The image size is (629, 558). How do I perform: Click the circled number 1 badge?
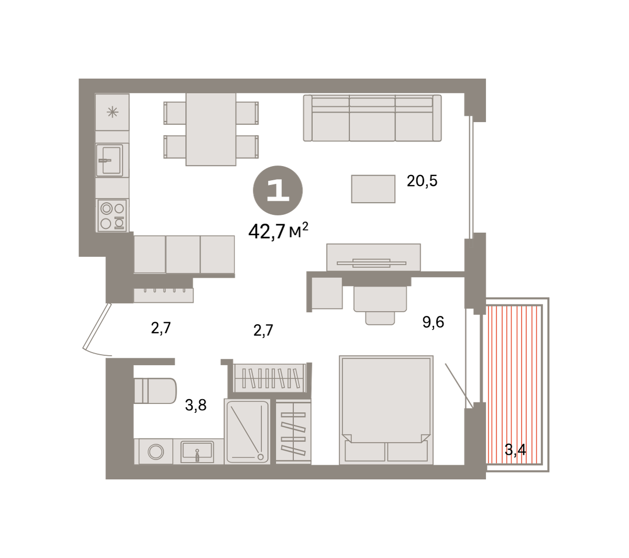278,190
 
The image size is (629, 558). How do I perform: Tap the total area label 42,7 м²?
278,231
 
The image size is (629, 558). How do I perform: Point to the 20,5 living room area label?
422,181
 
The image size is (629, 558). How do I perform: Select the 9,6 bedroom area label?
433,322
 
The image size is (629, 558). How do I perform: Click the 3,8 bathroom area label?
196,405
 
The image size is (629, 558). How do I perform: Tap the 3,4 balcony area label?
515,450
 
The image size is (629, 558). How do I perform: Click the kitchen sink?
109,160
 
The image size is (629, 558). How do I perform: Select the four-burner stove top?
112,215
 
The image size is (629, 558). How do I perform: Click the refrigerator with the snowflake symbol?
112,112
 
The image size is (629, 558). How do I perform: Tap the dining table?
211,129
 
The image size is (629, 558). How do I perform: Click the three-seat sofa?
372,118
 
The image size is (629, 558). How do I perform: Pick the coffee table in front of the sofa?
373,189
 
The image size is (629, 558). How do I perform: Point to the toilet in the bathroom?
155,391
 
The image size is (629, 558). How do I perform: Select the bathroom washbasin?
198,451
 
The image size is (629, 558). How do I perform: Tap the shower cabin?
247,431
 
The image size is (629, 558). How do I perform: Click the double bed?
386,410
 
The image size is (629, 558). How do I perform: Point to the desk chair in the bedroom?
380,305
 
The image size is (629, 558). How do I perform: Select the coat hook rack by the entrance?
164,295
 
